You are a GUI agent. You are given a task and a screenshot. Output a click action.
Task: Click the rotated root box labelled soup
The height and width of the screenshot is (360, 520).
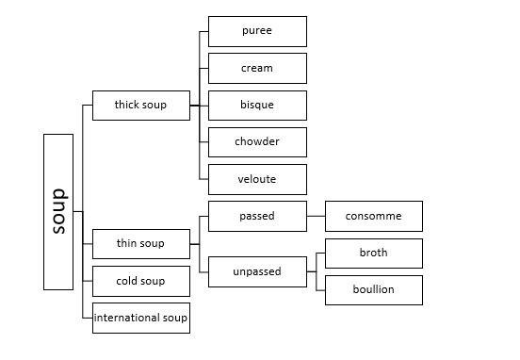58,212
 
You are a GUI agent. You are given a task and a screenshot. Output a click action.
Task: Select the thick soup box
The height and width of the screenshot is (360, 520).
141,106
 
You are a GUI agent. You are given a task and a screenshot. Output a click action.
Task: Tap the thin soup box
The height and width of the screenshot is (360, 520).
141,244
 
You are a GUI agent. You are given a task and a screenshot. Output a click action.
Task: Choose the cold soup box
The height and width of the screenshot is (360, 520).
141,282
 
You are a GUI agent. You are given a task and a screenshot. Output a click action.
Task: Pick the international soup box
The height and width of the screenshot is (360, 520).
141,318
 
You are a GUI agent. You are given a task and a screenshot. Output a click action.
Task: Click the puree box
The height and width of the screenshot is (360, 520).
258,31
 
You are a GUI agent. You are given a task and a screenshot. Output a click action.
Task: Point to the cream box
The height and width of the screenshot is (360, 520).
258,69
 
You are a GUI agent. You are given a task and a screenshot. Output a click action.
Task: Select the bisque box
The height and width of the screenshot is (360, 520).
258,106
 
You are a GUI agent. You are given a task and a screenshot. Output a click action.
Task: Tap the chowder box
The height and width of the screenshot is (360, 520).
258,142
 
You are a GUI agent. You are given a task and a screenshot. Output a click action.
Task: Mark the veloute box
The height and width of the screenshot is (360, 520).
258,179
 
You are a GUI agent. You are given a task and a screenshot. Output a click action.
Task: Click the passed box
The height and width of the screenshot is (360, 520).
258,216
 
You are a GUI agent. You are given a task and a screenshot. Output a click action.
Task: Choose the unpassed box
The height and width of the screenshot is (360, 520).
258,271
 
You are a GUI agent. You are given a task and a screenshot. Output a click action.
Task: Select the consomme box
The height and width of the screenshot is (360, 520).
374,216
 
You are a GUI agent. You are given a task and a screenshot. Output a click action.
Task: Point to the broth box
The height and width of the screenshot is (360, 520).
374,254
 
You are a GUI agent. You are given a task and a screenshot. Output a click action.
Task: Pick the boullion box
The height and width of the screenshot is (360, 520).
374,290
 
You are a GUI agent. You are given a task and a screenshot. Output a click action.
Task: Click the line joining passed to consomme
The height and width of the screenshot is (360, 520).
316,216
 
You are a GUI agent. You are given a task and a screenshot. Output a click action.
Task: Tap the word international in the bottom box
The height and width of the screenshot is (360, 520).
126,318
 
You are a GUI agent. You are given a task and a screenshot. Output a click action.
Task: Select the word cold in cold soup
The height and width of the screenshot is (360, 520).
126,281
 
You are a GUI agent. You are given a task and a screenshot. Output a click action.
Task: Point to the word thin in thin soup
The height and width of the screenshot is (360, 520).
126,243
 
